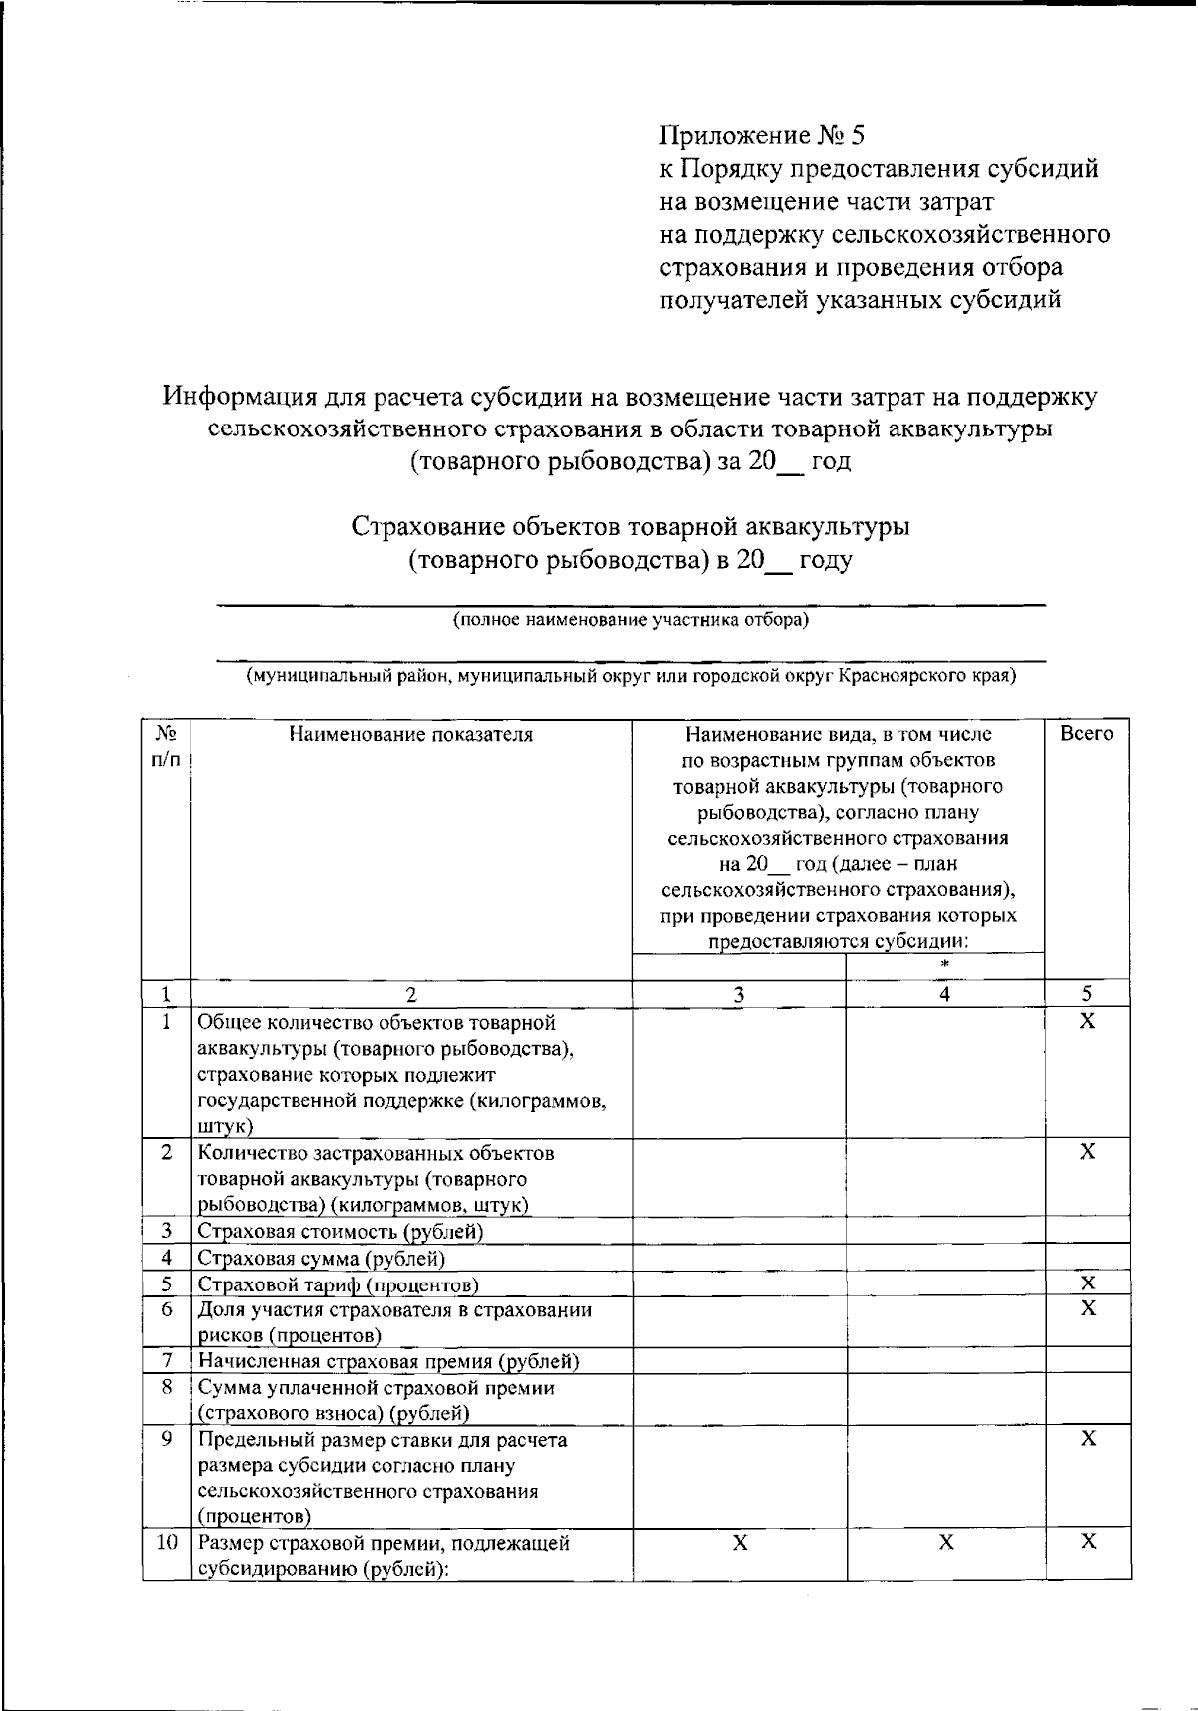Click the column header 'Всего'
pos(1087,734)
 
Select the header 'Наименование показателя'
pos(410,735)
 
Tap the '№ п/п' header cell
pos(166,746)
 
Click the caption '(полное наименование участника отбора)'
pos(631,620)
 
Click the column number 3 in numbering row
pos(738,994)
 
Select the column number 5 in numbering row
pos(1087,994)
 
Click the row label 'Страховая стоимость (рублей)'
pos(339,1231)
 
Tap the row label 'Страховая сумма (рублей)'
pos(320,1258)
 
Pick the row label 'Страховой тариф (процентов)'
pos(337,1284)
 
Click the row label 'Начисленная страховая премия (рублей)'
pos(388,1361)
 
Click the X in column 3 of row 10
pos(739,1543)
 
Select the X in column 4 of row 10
pos(945,1543)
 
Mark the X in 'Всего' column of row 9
pos(1088,1439)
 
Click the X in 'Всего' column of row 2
pos(1088,1152)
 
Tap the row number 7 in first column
pos(167,1361)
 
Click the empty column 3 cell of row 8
pos(739,1400)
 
